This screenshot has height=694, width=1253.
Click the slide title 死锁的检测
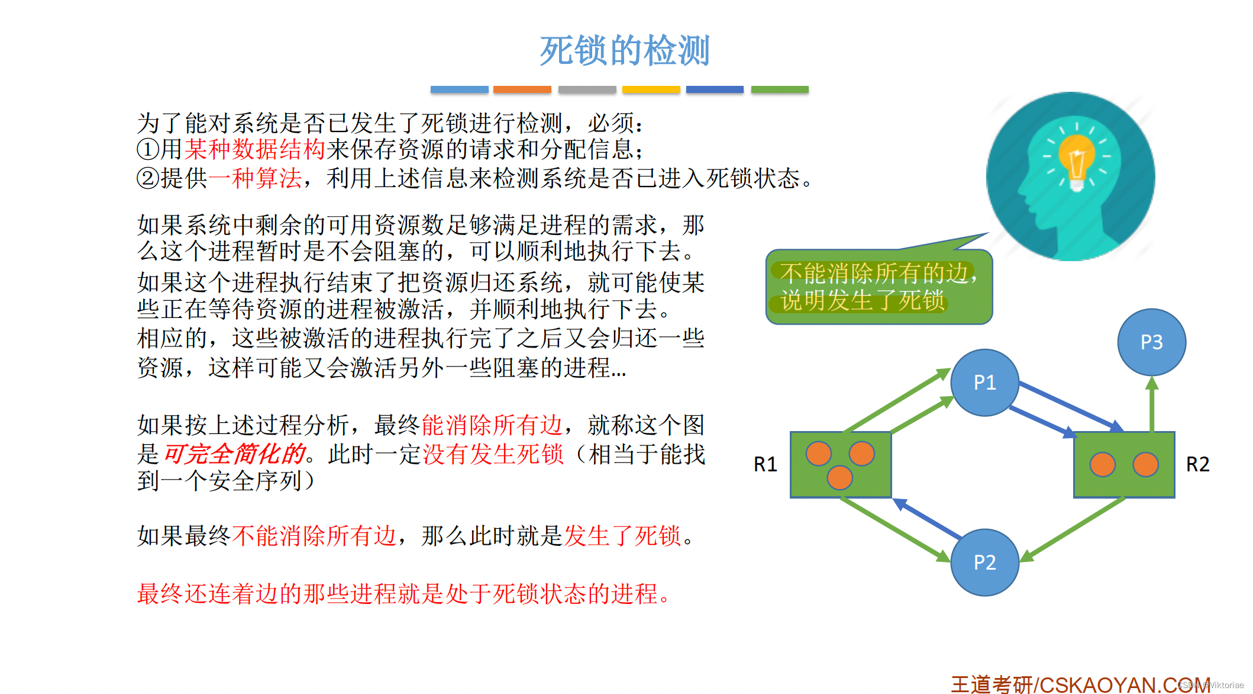tap(624, 50)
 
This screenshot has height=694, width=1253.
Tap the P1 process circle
tap(984, 383)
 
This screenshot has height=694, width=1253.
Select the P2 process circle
tap(984, 562)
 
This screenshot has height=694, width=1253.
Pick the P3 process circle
tap(1151, 342)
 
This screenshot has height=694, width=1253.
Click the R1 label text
tap(765, 464)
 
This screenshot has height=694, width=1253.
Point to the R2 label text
tap(1198, 464)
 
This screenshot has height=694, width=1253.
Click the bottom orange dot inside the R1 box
tap(839, 477)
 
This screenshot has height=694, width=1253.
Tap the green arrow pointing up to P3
tap(1151, 406)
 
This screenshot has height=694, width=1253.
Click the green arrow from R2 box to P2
tap(1074, 529)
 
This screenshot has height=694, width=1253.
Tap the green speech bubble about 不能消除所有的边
tap(879, 287)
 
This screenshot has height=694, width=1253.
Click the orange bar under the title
tap(522, 89)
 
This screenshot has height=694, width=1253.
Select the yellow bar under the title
tap(651, 89)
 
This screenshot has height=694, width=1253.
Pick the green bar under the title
tap(779, 89)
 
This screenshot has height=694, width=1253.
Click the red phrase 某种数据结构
tap(254, 149)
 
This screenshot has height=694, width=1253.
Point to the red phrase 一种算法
tap(254, 178)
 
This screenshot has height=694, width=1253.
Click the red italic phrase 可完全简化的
tap(234, 454)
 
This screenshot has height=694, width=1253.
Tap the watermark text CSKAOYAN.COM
tap(1124, 685)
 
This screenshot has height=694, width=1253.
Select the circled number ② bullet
tap(147, 178)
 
